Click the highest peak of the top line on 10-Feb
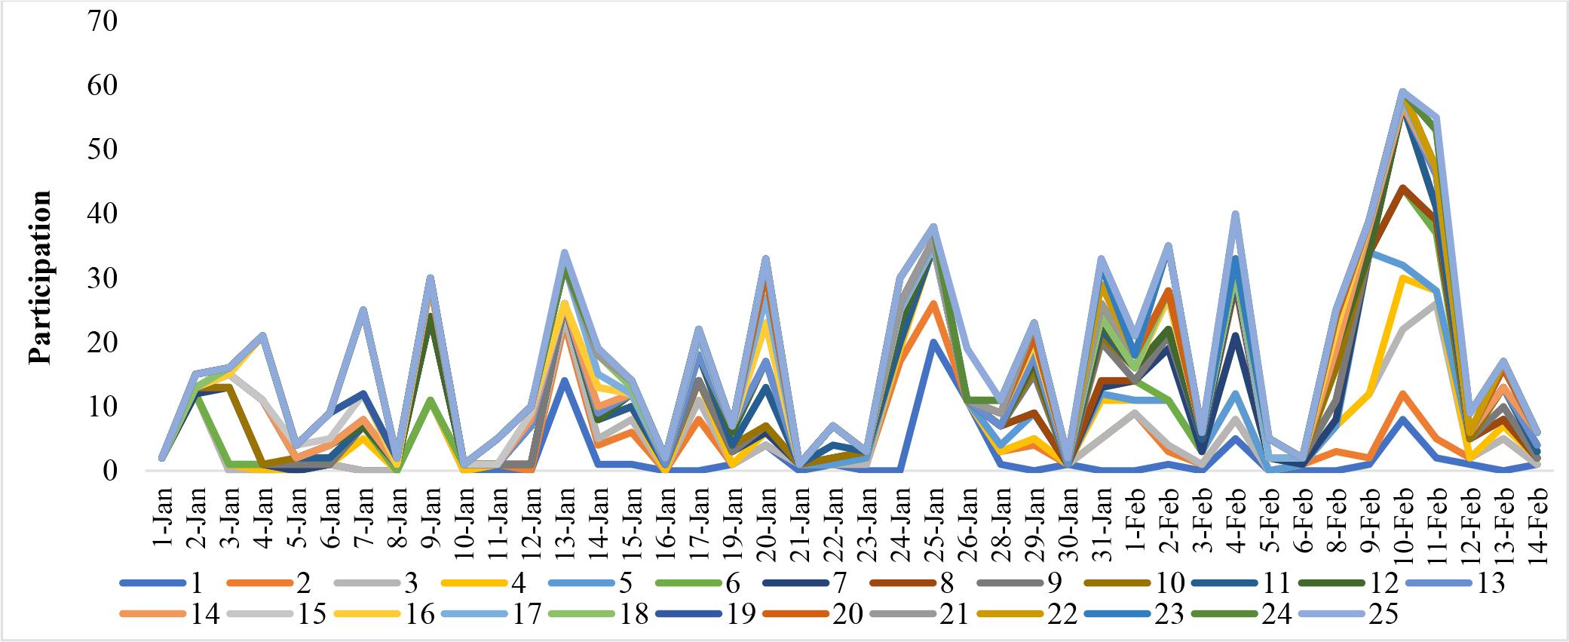[1402, 91]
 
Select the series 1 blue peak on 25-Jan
[933, 342]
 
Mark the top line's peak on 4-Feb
[1235, 213]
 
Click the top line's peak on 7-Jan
[363, 310]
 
